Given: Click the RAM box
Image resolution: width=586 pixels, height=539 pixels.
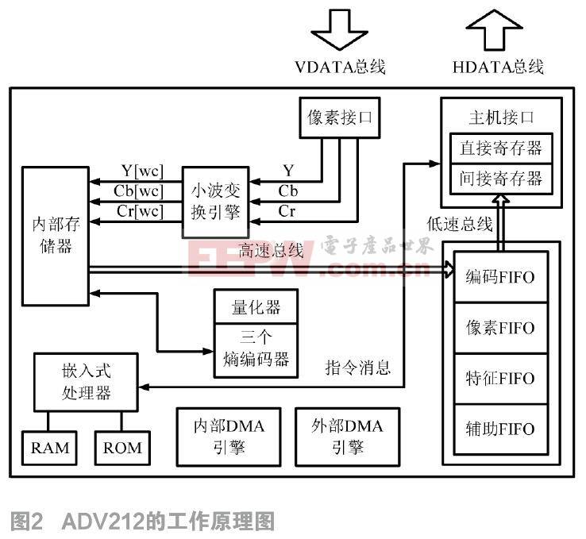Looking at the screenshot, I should pos(50,448).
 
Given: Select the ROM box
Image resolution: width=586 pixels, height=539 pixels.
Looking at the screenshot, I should pos(122,448).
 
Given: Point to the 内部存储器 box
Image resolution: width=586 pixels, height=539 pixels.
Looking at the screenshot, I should pos(55,236).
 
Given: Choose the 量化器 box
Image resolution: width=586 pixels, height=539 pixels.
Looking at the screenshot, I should pos(256,306).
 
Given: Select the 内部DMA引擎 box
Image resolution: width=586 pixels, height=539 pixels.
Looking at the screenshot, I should pos(229,436).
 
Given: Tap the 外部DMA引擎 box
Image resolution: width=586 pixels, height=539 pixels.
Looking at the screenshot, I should pos(347,436).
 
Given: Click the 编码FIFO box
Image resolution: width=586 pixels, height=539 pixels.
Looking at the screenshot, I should pos(500,277).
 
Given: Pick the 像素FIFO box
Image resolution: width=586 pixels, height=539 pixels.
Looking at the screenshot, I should pos(500,327).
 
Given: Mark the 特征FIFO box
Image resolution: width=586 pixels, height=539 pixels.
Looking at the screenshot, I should pos(500,378).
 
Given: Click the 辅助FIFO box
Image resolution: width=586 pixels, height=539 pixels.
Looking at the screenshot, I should pos(500,429).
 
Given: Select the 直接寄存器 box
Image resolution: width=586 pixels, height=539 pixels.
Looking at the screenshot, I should pos(500,148).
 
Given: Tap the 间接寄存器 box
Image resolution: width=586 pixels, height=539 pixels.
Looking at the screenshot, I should pos(500,178).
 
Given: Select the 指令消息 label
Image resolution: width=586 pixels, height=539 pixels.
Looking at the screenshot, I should pos(358,366).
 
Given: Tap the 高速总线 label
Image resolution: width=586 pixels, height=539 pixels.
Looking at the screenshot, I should pos(271,250).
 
